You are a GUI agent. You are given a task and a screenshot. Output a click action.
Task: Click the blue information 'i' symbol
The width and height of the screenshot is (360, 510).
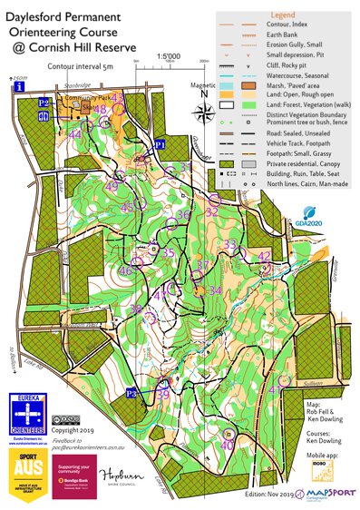coord(20,88)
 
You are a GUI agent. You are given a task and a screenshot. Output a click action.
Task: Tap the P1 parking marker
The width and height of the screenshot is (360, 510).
coord(160,143)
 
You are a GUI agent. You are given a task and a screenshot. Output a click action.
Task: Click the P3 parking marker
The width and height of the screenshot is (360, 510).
coord(131,392)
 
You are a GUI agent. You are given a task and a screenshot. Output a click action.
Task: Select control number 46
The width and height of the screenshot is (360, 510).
coord(125,270)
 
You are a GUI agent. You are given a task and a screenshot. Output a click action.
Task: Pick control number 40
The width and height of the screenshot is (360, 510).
coord(228,445)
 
